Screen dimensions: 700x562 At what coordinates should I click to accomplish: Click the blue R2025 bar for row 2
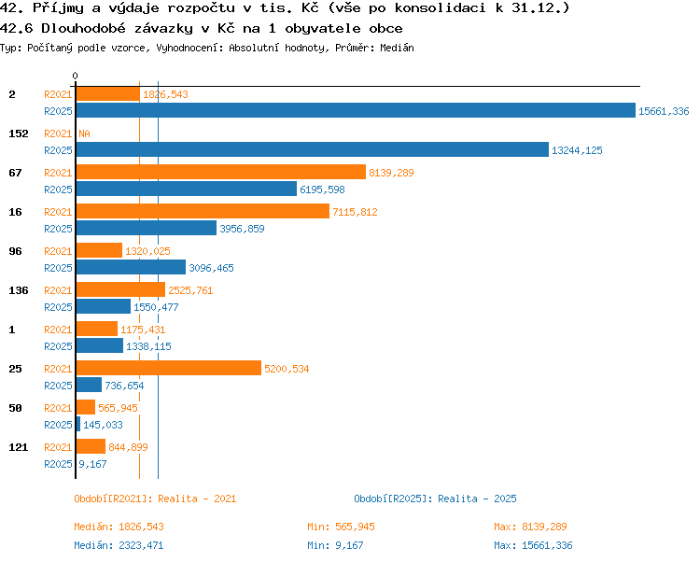point(356,110)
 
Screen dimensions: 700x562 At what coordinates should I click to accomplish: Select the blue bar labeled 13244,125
point(313,149)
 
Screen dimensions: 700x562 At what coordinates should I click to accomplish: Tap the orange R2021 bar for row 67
point(221,172)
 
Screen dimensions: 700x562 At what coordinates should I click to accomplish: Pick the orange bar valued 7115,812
point(203,211)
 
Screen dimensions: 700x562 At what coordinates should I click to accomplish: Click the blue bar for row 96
point(131,267)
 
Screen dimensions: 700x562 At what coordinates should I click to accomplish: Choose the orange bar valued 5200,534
point(169,368)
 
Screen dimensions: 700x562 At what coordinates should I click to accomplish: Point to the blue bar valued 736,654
point(89,385)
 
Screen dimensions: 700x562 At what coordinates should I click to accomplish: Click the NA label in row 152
point(84,133)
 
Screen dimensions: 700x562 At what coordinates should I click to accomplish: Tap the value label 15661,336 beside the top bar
point(664,111)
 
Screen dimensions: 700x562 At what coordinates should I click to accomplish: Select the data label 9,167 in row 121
point(92,464)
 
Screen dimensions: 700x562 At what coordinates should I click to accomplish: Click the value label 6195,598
point(322,190)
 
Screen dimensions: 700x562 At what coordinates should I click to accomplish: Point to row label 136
point(19,290)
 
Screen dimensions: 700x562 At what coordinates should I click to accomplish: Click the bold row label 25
point(15,369)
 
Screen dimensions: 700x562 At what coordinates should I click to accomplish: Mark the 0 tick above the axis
point(75,76)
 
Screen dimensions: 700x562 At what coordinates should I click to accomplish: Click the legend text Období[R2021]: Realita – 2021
point(155,499)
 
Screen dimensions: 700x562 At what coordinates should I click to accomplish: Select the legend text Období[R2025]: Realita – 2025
point(435,499)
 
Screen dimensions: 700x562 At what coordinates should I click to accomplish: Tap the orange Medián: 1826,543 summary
point(119,527)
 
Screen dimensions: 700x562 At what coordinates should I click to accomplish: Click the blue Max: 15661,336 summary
point(533,545)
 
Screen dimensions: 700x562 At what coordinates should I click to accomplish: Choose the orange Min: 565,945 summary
point(341,527)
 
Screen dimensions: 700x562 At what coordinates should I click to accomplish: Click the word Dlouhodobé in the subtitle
point(83,29)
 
